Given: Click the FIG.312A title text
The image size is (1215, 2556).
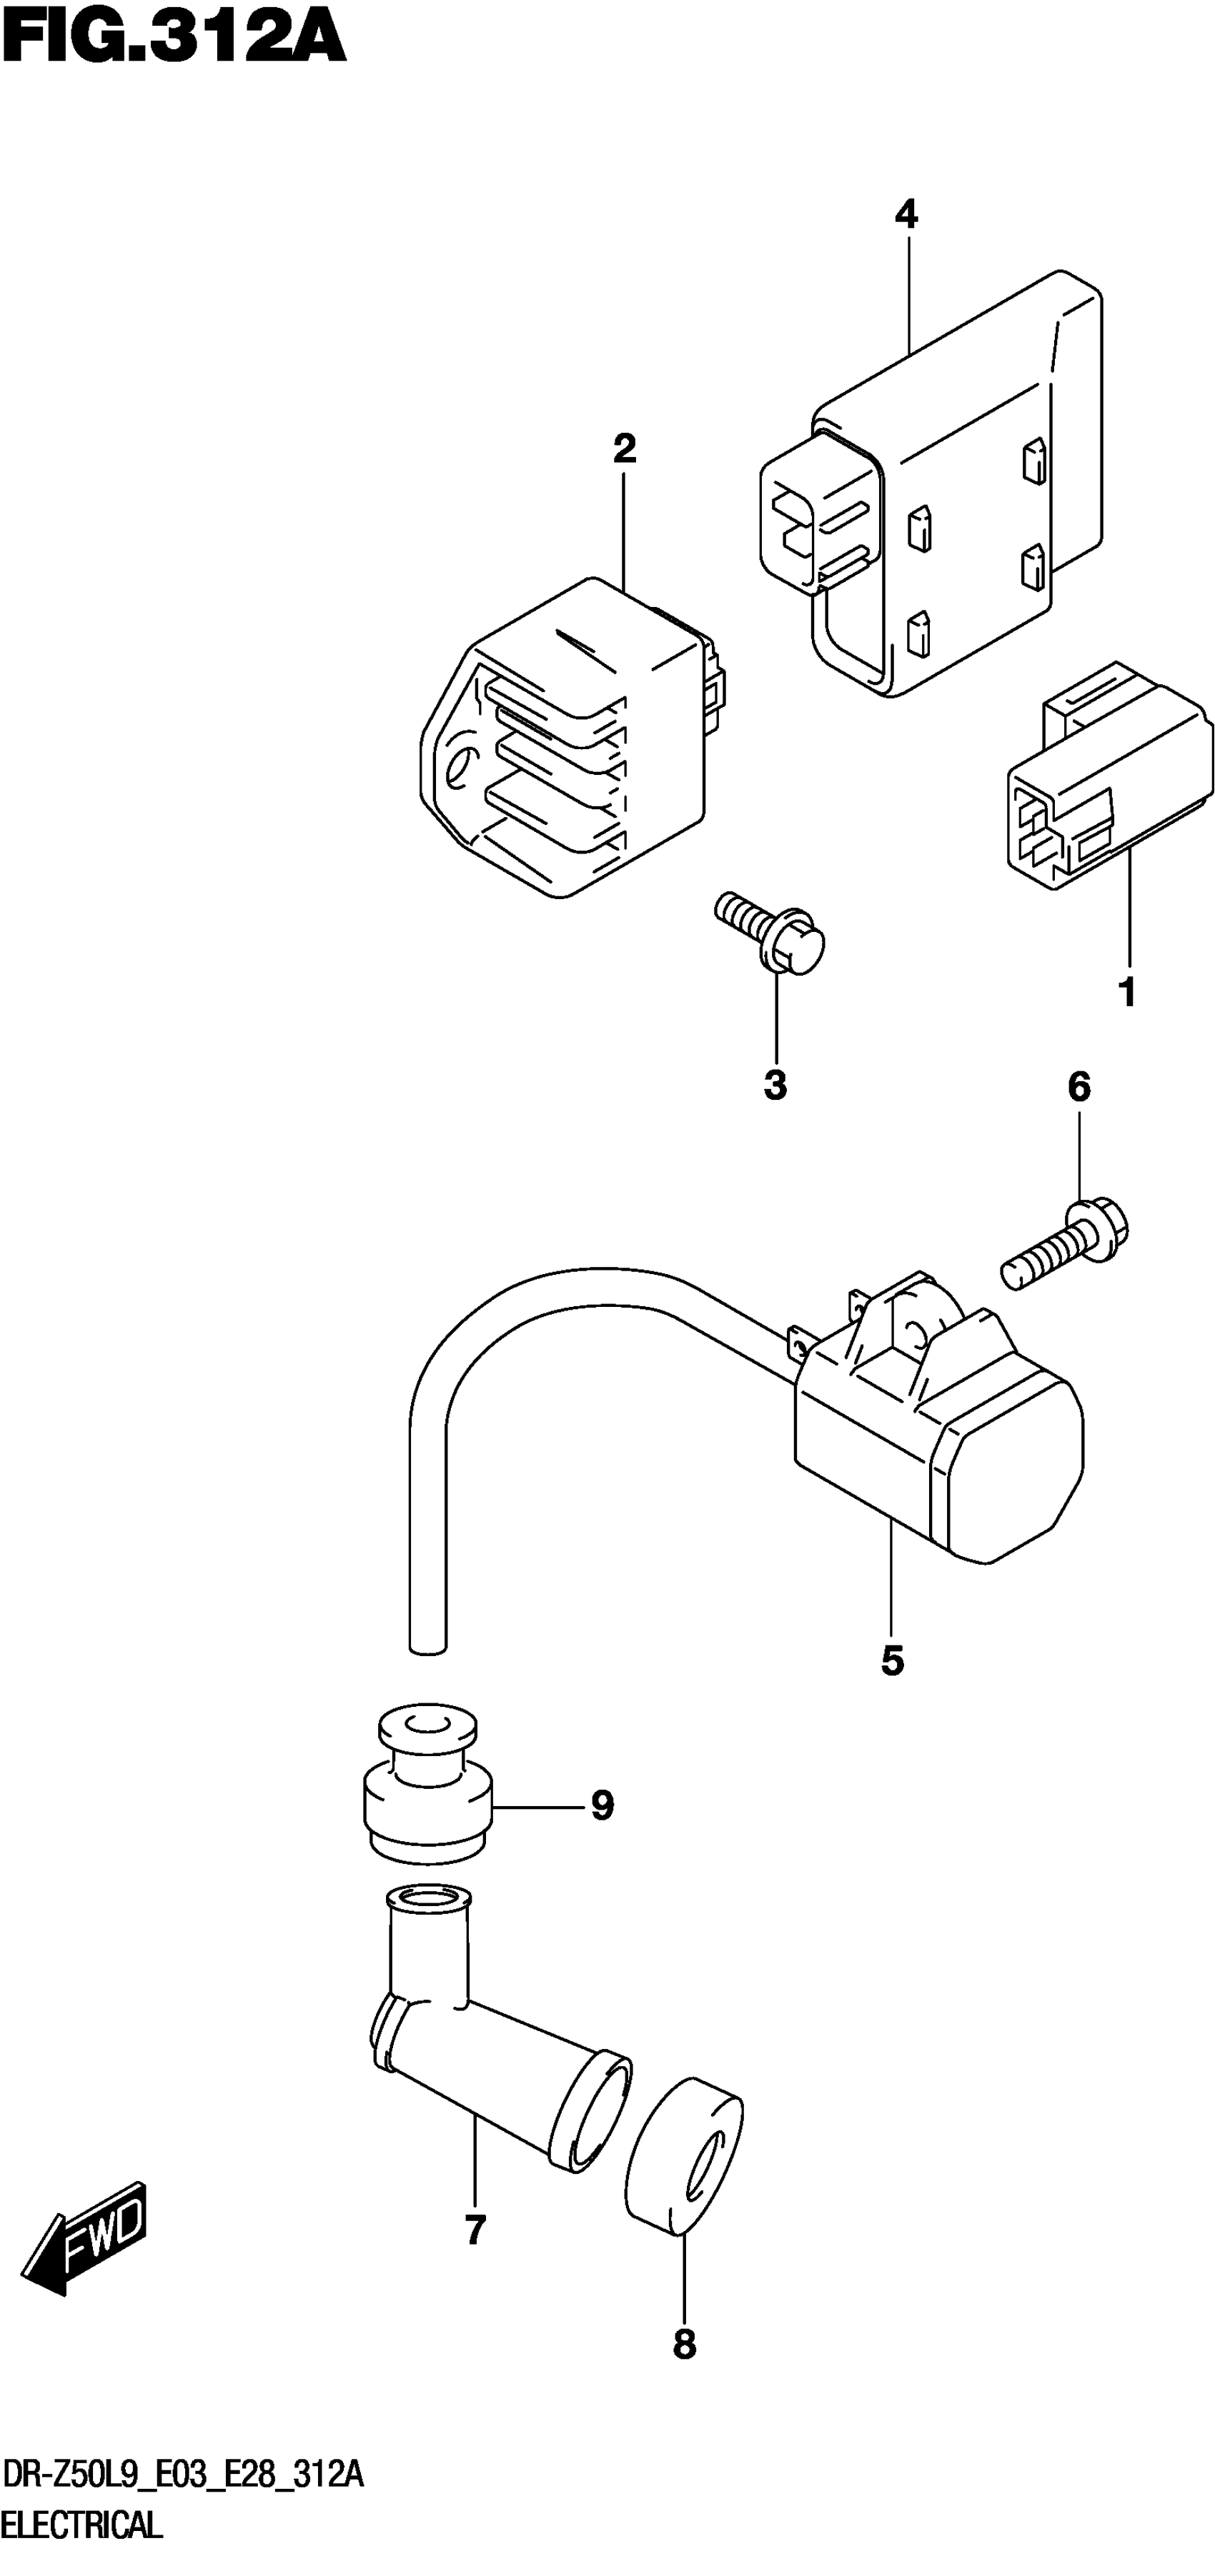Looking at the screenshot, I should (x=174, y=41).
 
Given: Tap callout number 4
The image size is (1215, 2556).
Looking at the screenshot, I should (x=906, y=214).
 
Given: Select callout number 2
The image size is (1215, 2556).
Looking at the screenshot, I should (x=625, y=449).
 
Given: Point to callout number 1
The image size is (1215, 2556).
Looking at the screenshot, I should (x=1126, y=991).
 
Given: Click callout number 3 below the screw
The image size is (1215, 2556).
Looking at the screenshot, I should (x=775, y=1086).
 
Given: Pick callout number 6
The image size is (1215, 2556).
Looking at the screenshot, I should (x=1079, y=1088).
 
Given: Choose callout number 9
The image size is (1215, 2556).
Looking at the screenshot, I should (x=602, y=1805).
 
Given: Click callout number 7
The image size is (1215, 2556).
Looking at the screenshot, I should (x=475, y=2230).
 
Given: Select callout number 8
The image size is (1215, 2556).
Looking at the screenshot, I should (x=684, y=2345).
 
